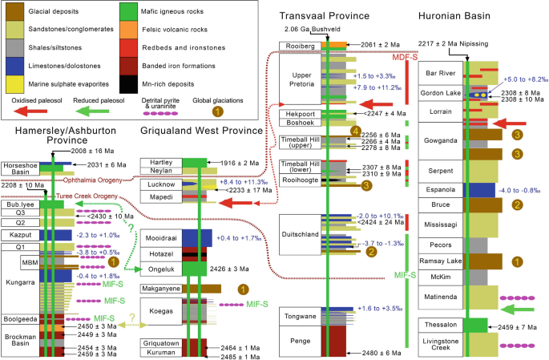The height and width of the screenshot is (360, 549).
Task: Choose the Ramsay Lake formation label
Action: point(441,261)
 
